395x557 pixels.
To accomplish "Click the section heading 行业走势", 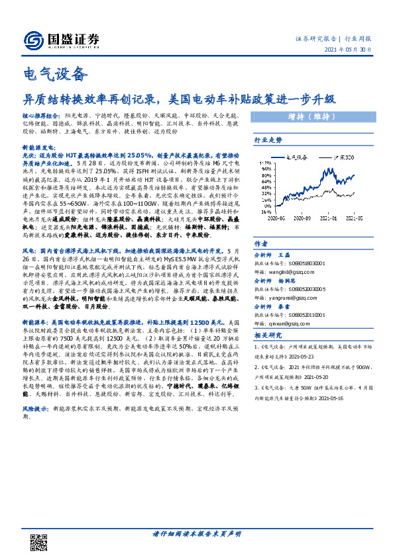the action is tap(268, 140).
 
